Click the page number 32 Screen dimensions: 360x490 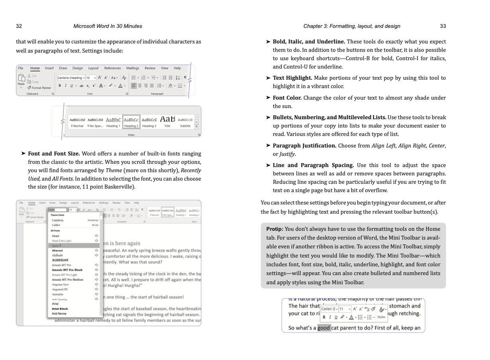[x=19, y=26]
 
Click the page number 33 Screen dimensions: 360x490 [x=443, y=26]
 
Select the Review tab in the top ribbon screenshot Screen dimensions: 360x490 [x=150, y=68]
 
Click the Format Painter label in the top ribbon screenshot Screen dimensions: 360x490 [x=41, y=88]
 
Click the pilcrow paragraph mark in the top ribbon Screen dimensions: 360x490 [x=185, y=78]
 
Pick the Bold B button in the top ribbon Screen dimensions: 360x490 [x=60, y=86]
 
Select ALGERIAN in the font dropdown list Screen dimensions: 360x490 [x=60, y=260]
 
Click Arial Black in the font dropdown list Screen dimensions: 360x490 [x=60, y=309]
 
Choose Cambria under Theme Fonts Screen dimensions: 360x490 [x=57, y=220]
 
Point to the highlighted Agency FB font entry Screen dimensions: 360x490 [x=56, y=246]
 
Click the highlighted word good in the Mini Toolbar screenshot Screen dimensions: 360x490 [x=324, y=328]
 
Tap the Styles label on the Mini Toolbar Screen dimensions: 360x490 [x=381, y=317]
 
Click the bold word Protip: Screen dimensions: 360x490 [x=275, y=229]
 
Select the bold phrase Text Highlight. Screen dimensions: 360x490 [x=292, y=78]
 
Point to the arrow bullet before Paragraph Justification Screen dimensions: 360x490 [x=268, y=146]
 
